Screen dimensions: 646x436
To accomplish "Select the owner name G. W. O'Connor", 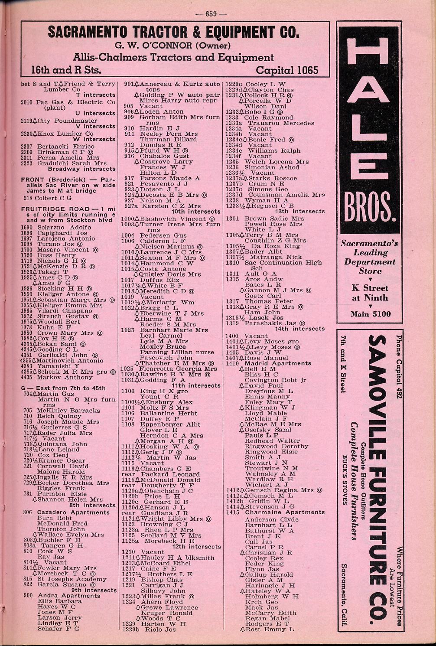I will click(172, 45).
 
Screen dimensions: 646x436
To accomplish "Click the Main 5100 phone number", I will click(371, 314).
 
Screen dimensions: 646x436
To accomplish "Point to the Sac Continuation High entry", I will click(283, 263).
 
